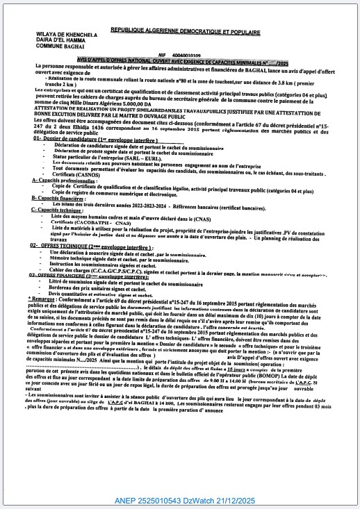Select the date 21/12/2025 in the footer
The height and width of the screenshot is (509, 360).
[x=246, y=499]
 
